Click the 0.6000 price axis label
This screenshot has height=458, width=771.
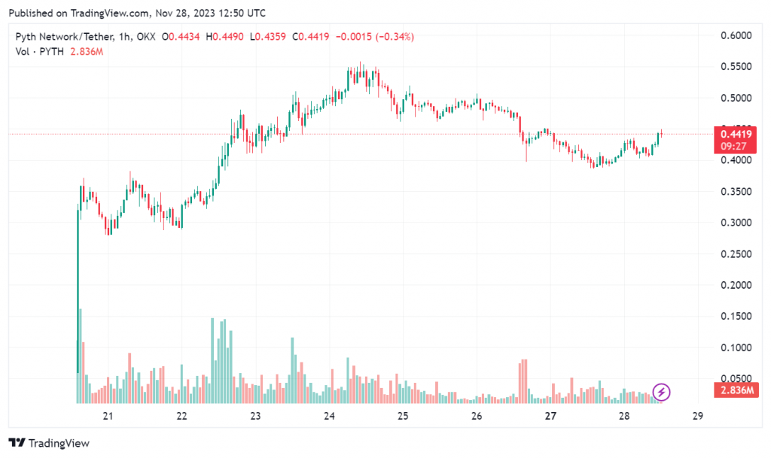(x=736, y=35)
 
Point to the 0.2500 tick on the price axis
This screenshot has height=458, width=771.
(x=736, y=254)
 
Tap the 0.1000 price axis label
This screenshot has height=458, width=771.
(x=736, y=347)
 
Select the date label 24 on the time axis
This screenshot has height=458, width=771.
(x=329, y=416)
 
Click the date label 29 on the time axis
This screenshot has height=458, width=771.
(x=698, y=416)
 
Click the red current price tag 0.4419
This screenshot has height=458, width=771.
(x=734, y=135)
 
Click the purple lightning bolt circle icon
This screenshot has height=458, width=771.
(x=661, y=392)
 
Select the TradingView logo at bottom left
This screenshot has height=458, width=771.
(x=49, y=443)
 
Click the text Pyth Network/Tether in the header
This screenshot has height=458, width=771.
(x=64, y=37)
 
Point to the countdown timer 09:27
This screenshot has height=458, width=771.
(x=734, y=146)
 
